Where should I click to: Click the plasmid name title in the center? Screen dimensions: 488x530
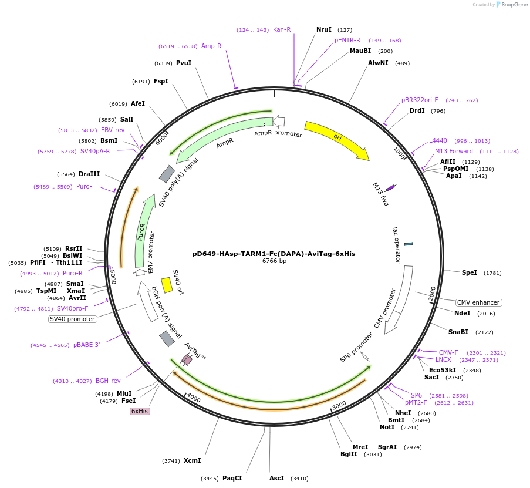pyautogui.click(x=274, y=254)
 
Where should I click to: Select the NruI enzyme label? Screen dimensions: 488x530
pyautogui.click(x=324, y=29)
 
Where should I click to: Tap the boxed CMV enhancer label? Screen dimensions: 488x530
pyautogui.click(x=479, y=302)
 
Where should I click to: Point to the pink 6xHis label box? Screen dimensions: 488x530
pyautogui.click(x=140, y=411)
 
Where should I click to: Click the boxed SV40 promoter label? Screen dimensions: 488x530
pyautogui.click(x=72, y=319)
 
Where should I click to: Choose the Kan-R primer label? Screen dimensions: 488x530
pyautogui.click(x=282, y=29)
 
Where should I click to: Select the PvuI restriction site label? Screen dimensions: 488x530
pyautogui.click(x=184, y=63)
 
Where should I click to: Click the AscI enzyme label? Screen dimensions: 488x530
pyautogui.click(x=276, y=478)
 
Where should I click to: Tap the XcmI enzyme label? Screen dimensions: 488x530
pyautogui.click(x=192, y=460)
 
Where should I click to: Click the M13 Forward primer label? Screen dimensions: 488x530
pyautogui.click(x=454, y=151)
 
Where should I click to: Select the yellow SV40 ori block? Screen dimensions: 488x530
pyautogui.click(x=167, y=285)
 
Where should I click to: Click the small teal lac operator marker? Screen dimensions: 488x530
pyautogui.click(x=409, y=244)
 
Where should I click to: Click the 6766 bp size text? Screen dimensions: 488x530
pyautogui.click(x=274, y=261)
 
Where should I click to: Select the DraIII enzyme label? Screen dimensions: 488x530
pyautogui.click(x=89, y=174)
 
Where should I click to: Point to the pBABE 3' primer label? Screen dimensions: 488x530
pyautogui.click(x=86, y=345)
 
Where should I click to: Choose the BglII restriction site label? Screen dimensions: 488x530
pyautogui.click(x=349, y=454)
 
